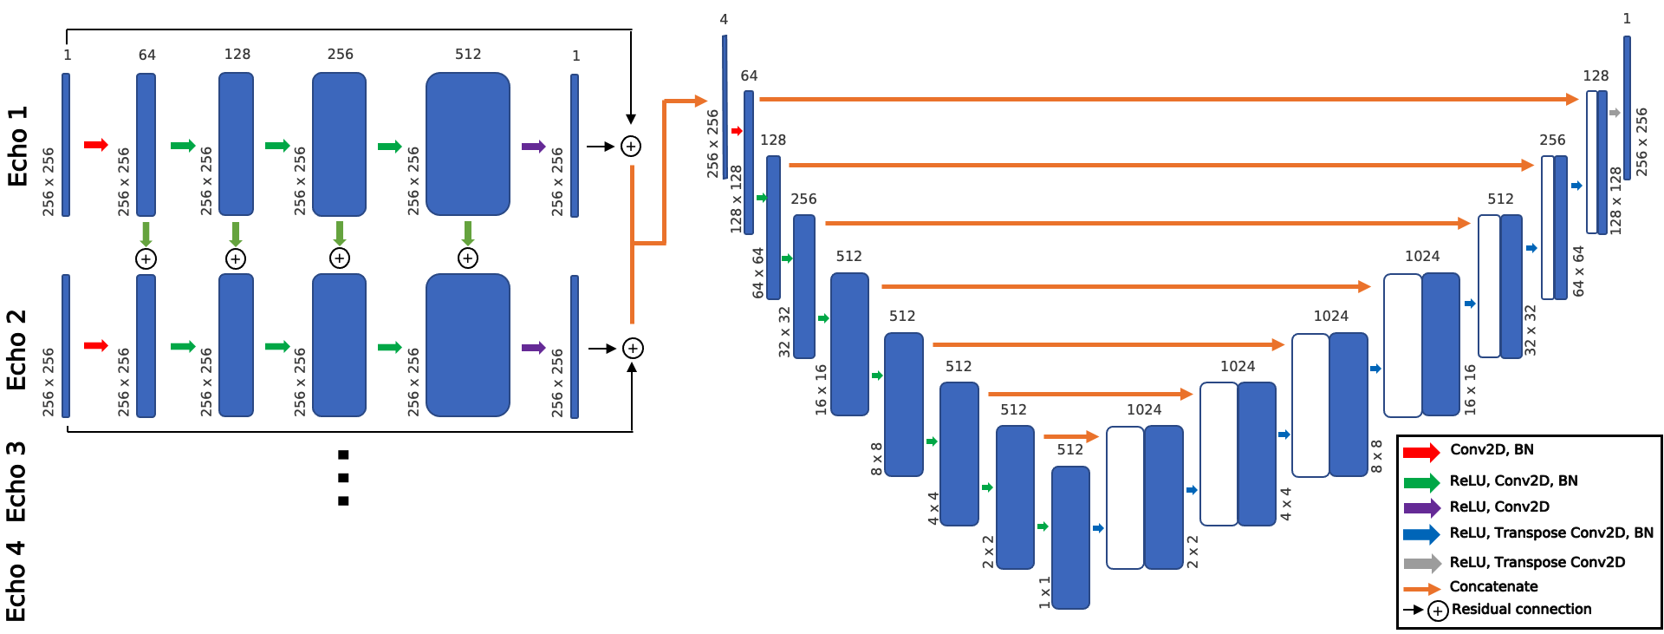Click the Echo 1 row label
pyautogui.click(x=17, y=146)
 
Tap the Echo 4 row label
pyautogui.click(x=16, y=581)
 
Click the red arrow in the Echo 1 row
pyautogui.click(x=95, y=145)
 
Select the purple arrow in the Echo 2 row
pyautogui.click(x=533, y=348)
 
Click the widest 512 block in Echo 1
pyautogui.click(x=467, y=144)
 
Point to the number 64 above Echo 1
pyautogui.click(x=147, y=55)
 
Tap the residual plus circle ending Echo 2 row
pyautogui.click(x=633, y=349)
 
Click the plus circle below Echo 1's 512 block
pyautogui.click(x=468, y=258)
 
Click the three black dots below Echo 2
pyautogui.click(x=343, y=478)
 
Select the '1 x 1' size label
pyautogui.click(x=1044, y=592)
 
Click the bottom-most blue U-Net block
pyautogui.click(x=1070, y=538)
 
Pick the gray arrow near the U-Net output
pyautogui.click(x=1615, y=113)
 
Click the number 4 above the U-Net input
pyautogui.click(x=724, y=19)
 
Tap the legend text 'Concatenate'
pyautogui.click(x=1493, y=586)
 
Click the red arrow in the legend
pyautogui.click(x=1420, y=452)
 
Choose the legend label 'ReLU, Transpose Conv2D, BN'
pyautogui.click(x=1551, y=533)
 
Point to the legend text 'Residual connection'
pyautogui.click(x=1521, y=609)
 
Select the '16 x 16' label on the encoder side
pyautogui.click(x=821, y=389)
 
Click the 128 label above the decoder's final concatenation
pyautogui.click(x=1596, y=75)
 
